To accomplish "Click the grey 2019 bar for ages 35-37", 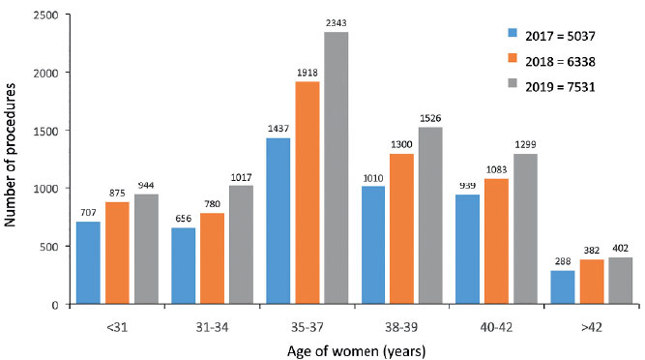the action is point(337,167).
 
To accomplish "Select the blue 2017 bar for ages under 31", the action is point(88,263).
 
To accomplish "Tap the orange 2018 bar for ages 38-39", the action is point(402,229).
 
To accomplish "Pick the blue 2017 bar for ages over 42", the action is point(562,287).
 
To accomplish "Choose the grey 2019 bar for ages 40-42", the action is point(525,229).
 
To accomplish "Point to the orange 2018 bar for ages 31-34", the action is point(212,258).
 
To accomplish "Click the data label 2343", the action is point(337,23).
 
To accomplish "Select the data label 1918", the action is point(308,73).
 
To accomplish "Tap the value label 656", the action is point(184,219).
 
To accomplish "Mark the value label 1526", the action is point(430,118).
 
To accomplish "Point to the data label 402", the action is point(620,249).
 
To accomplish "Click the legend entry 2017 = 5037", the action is point(551,36).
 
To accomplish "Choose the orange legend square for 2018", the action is point(513,58).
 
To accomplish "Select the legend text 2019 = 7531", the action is point(560,87).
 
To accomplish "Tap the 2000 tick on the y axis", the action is point(47,73).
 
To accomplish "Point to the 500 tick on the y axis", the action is point(50,247).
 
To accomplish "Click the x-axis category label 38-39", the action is point(401,327).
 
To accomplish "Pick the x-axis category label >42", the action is point(592,327).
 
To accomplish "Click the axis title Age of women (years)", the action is point(356,351).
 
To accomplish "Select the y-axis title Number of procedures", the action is point(10,155).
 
